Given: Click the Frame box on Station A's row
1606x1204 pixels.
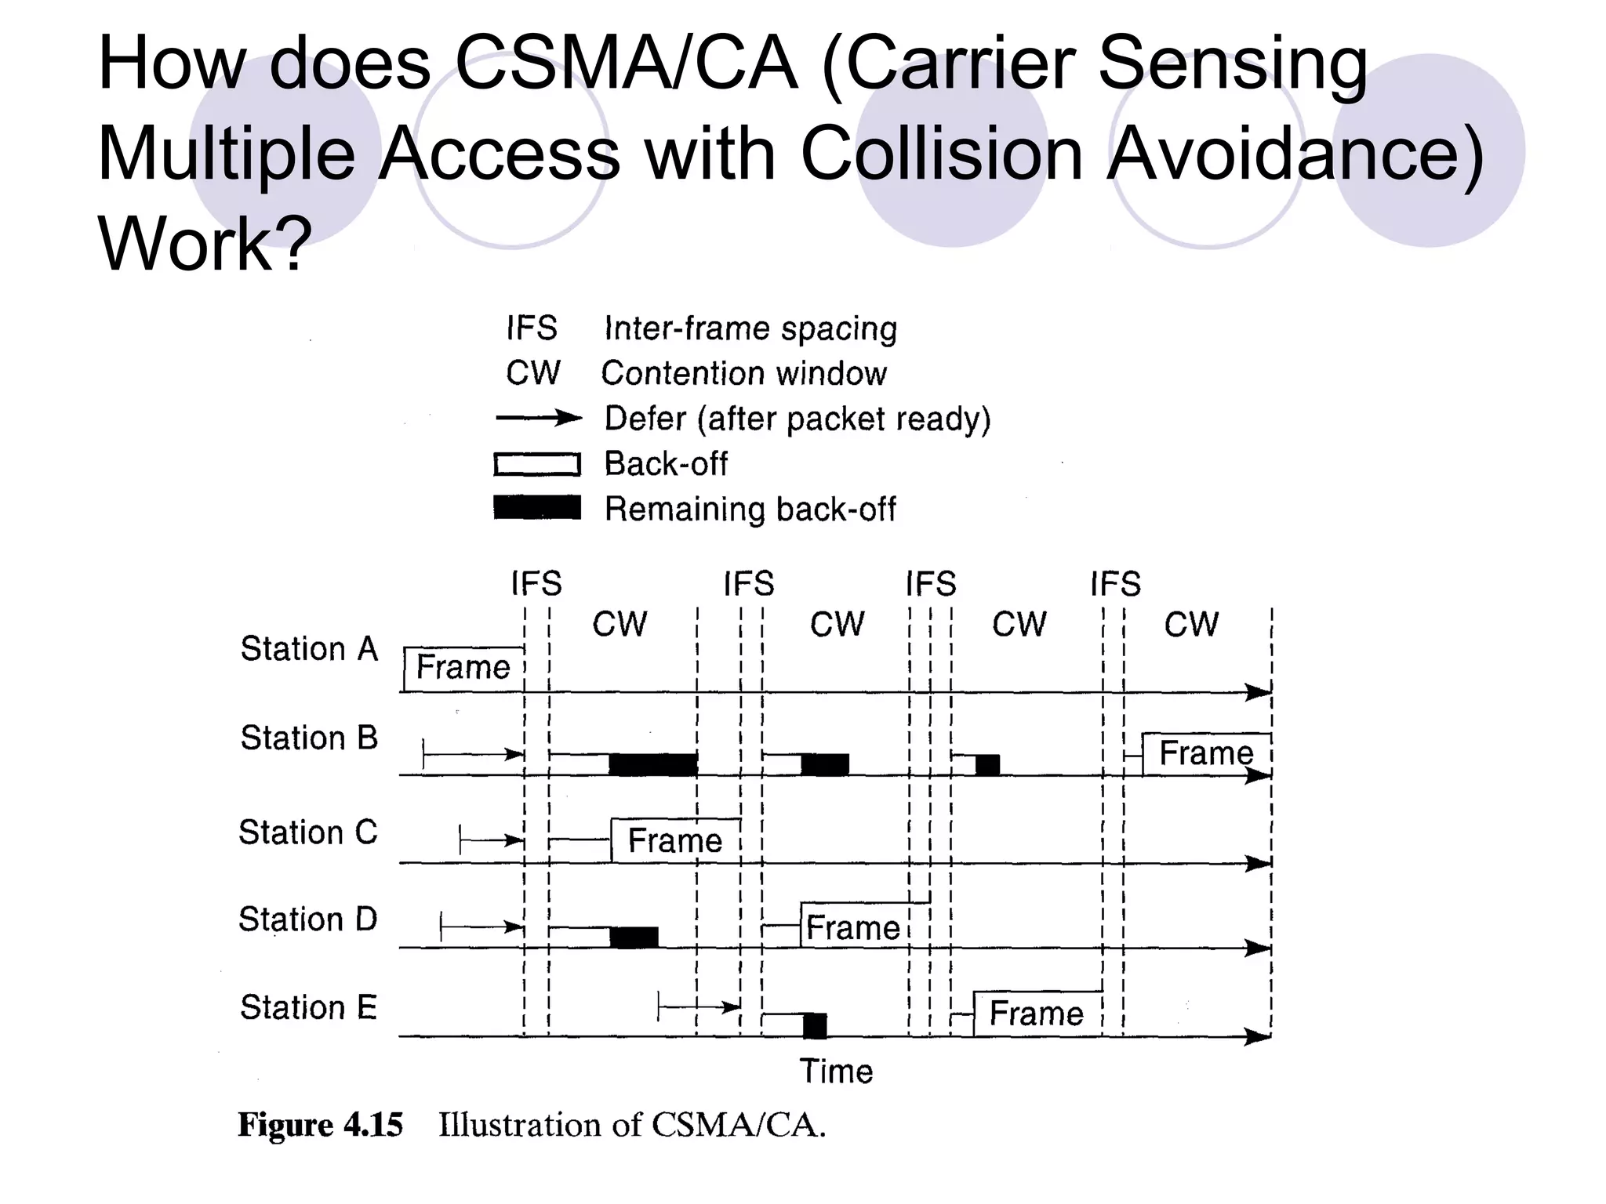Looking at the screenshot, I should click(x=463, y=669).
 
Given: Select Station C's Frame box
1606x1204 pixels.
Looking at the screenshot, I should click(x=675, y=840).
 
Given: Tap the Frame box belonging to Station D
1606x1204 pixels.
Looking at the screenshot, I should click(x=855, y=927).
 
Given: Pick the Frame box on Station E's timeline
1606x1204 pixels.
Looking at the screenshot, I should click(x=1037, y=1014).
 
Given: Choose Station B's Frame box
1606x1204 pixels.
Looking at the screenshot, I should click(x=1206, y=753).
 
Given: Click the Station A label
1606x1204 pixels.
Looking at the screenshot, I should click(x=309, y=649).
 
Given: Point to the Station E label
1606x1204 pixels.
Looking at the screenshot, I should click(x=308, y=1007).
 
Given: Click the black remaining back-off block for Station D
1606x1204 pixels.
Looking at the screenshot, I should click(x=634, y=937).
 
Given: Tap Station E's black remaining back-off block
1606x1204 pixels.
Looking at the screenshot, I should click(x=815, y=1025).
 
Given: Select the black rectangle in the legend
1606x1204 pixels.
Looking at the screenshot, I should click(x=537, y=507).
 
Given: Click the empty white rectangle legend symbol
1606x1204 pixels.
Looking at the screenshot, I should click(x=537, y=464).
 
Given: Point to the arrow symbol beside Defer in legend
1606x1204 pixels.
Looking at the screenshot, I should click(x=538, y=418).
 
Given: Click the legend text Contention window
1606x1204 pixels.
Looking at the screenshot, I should click(x=743, y=373).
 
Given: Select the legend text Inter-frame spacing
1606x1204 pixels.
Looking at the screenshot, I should click(x=750, y=328).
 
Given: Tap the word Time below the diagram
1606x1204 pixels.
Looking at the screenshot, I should click(x=836, y=1071).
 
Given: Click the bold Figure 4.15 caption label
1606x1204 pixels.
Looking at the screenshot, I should click(x=320, y=1125).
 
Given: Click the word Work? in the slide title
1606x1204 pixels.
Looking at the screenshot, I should click(x=205, y=243).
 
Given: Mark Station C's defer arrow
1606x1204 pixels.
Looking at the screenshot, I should click(x=492, y=840).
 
